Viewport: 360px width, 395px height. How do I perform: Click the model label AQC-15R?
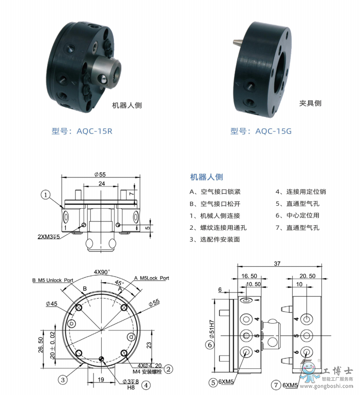point(94,131)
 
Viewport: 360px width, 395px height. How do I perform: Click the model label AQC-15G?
point(273,131)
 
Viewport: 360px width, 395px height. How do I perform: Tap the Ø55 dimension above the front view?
point(100,174)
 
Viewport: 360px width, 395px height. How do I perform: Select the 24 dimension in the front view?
point(102,183)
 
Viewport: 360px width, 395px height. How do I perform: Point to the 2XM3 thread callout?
point(49,237)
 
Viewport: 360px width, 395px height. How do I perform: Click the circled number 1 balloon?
point(46,195)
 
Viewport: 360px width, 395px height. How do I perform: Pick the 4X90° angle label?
point(102,272)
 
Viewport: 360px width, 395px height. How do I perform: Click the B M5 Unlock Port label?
point(53,280)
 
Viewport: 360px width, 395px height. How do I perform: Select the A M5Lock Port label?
point(151,278)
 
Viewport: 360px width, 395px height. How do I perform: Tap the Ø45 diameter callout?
point(51,303)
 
